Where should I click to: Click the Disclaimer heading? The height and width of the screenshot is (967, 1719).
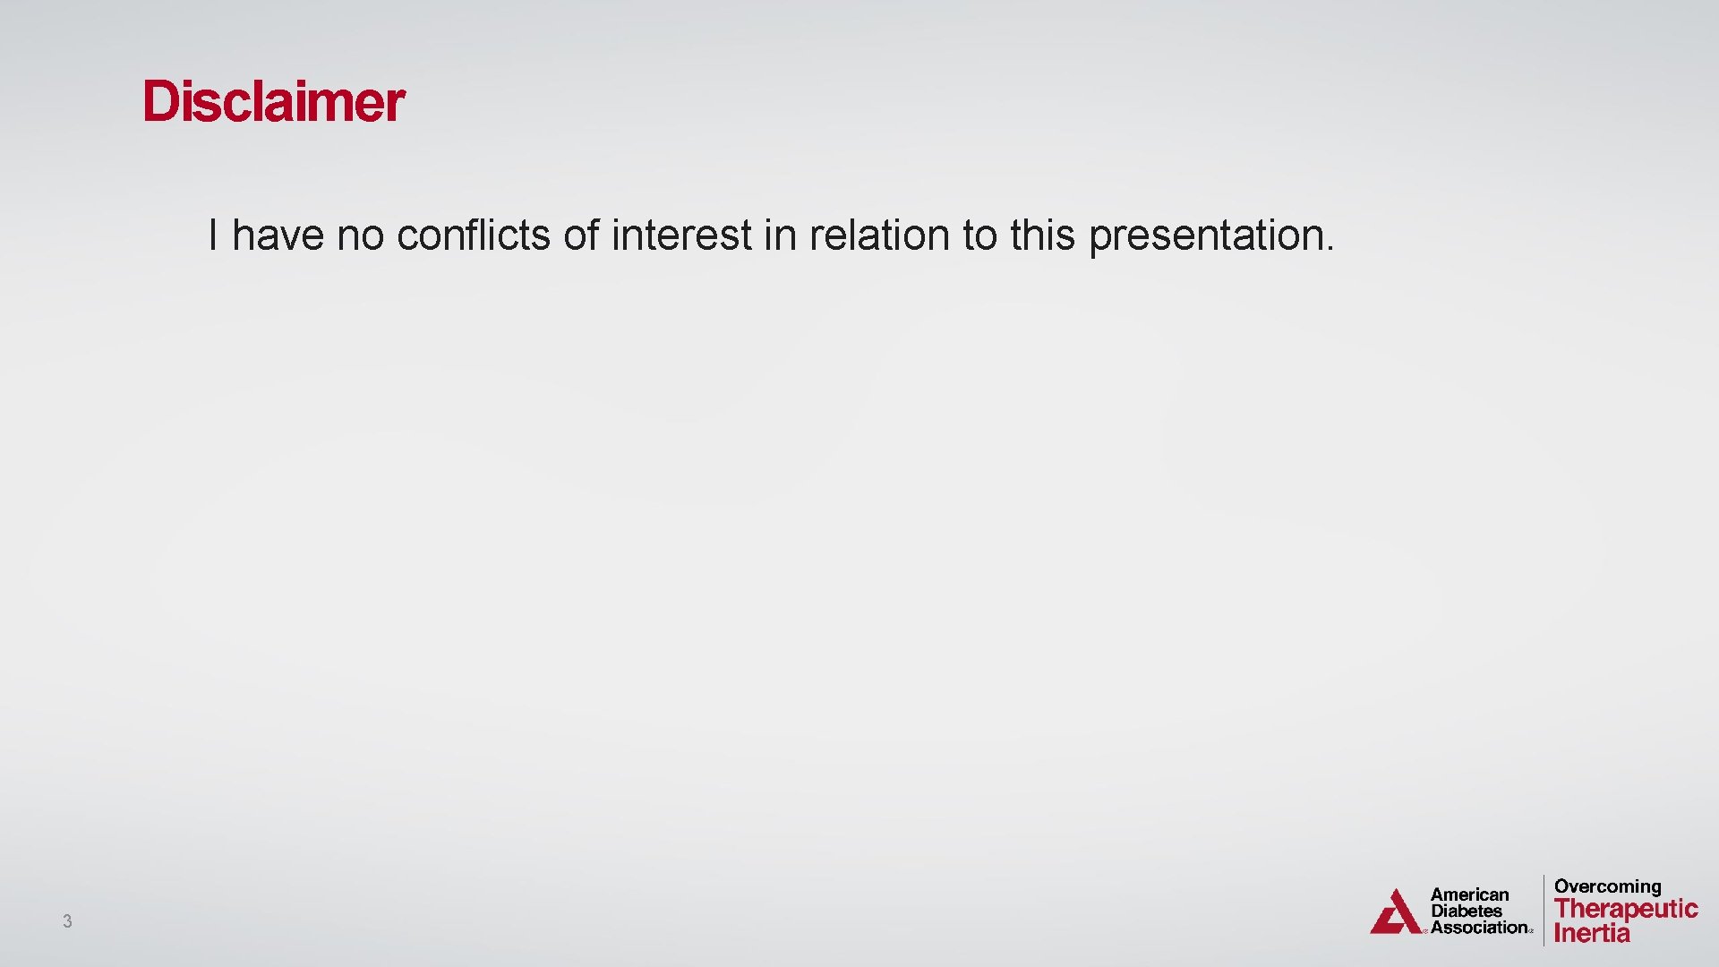click(273, 101)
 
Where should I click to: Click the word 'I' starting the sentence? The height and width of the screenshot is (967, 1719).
click(213, 235)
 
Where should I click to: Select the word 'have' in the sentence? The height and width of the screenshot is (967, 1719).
click(278, 235)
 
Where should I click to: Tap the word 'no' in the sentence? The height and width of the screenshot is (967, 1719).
click(360, 235)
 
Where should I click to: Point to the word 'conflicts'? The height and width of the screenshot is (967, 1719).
click(473, 235)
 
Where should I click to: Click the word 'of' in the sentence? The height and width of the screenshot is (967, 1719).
click(580, 235)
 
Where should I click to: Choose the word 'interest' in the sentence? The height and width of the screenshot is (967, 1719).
click(681, 235)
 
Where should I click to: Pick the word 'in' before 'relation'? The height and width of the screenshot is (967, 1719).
click(780, 235)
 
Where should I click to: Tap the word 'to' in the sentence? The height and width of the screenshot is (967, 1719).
click(979, 235)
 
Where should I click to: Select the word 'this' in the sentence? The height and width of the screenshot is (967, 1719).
click(1042, 235)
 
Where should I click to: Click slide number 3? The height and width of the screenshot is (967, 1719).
click(67, 920)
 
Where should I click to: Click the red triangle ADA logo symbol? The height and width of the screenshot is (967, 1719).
click(1395, 913)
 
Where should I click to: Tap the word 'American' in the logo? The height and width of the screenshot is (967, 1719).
click(1469, 894)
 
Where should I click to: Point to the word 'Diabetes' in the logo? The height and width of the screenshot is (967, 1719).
click(1467, 911)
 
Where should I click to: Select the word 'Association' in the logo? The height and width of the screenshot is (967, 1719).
click(1479, 928)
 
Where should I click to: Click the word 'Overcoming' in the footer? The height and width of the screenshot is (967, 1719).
click(1607, 886)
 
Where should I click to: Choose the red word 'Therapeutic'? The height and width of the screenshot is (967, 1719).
click(1626, 909)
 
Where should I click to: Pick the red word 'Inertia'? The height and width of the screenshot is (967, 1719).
click(1592, 933)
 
